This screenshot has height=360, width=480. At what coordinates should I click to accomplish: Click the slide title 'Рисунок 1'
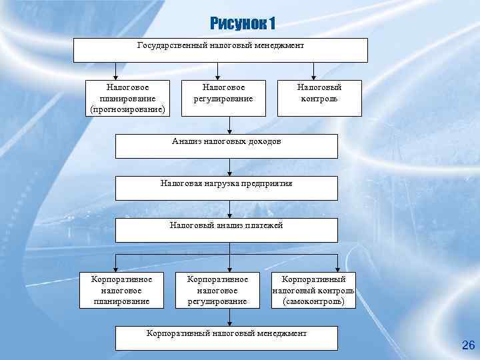click(x=242, y=24)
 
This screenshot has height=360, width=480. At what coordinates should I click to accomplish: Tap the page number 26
click(x=468, y=345)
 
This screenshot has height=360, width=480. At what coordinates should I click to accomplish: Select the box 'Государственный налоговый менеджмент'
click(x=220, y=50)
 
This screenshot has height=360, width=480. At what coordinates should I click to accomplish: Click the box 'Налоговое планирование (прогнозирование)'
click(x=127, y=98)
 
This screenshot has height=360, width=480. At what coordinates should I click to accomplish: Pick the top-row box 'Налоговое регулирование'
click(x=223, y=93)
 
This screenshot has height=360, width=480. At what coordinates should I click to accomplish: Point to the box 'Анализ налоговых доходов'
click(x=227, y=146)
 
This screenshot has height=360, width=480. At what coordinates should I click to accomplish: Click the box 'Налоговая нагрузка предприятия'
click(x=227, y=188)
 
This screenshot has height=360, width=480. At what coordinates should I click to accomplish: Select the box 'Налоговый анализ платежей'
click(x=227, y=230)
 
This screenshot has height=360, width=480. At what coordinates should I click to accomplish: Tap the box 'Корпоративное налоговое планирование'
click(x=121, y=290)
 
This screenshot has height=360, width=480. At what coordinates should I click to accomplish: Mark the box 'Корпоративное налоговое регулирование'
click(x=217, y=290)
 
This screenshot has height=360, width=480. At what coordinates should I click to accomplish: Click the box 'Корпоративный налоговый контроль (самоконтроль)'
click(x=313, y=290)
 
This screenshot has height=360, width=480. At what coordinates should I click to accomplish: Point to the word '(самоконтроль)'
click(x=313, y=301)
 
